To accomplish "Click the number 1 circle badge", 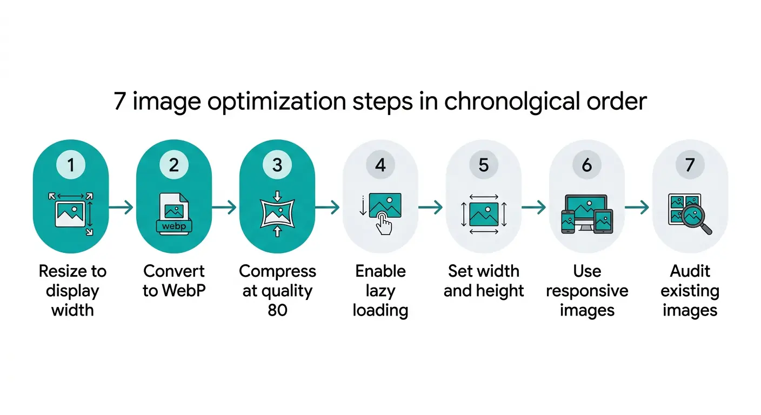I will point(71,165).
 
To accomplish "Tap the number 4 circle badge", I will point(380,165).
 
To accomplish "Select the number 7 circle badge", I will point(690,165).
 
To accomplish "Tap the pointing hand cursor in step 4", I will point(385,223).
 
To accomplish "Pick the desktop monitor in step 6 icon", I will point(586,209).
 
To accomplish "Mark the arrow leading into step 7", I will point(638,207).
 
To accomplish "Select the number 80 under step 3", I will point(277,310).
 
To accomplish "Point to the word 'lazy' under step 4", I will point(380,291).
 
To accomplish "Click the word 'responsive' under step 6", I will point(587,291).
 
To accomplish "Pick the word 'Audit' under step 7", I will point(690,271).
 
